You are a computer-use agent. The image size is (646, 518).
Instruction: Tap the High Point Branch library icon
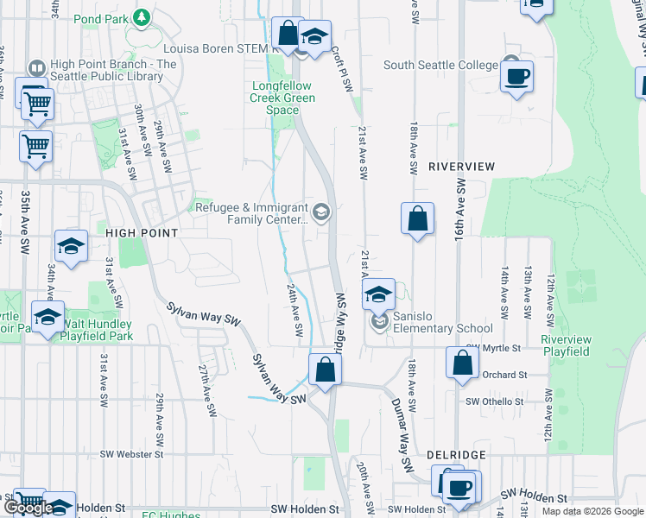pyautogui.click(x=36, y=68)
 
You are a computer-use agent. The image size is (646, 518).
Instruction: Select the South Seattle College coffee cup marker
pyautogui.click(x=516, y=77)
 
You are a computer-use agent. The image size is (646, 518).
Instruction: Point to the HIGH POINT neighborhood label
pyautogui.click(x=142, y=233)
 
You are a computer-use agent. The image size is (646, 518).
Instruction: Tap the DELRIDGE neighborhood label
pyautogui.click(x=457, y=454)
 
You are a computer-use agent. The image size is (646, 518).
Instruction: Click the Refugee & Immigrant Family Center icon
pyautogui.click(x=321, y=212)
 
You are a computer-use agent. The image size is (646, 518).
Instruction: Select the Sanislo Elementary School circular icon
pyautogui.click(x=379, y=323)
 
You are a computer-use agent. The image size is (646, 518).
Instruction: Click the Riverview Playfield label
pyautogui.click(x=566, y=345)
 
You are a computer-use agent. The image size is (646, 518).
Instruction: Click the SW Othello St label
pyautogui.click(x=496, y=402)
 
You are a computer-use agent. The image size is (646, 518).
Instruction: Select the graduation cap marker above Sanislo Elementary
pyautogui.click(x=378, y=294)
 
